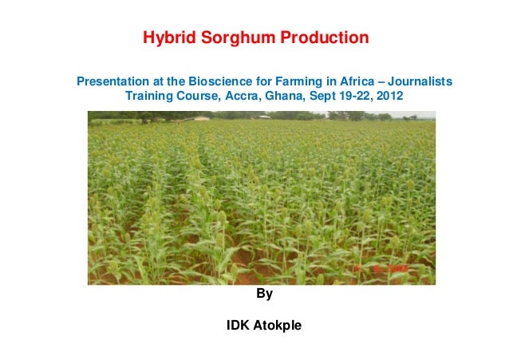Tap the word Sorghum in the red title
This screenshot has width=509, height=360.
(x=230, y=38)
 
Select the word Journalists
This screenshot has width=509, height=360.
(x=419, y=81)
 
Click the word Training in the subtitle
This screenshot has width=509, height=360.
(x=149, y=96)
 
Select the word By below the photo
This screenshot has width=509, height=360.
(x=264, y=295)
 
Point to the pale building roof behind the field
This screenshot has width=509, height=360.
(x=200, y=118)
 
